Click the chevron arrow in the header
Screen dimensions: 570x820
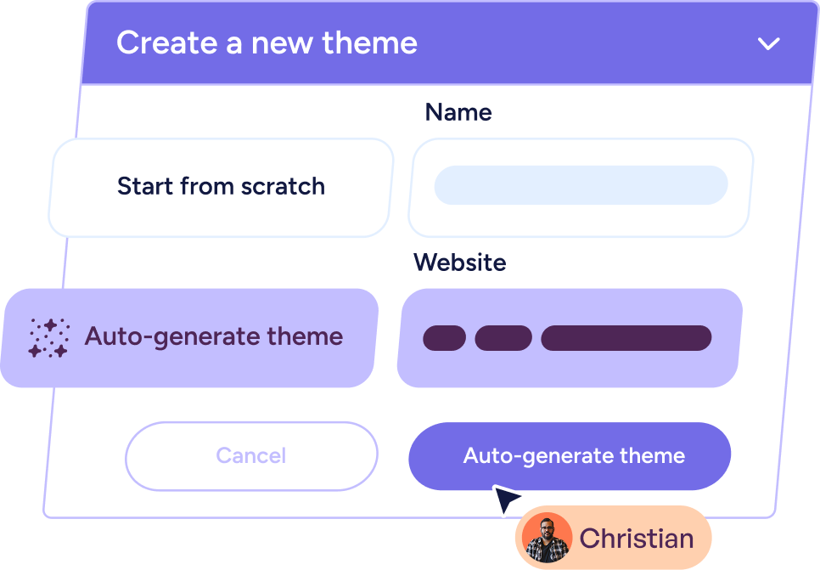pyautogui.click(x=768, y=44)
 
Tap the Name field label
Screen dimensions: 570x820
pyautogui.click(x=458, y=112)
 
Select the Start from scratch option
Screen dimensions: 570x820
pyautogui.click(x=221, y=187)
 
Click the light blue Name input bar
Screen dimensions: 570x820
pyautogui.click(x=581, y=185)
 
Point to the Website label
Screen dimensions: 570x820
pyautogui.click(x=459, y=262)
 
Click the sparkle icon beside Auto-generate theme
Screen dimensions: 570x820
pyautogui.click(x=48, y=337)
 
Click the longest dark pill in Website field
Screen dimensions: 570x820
pyautogui.click(x=626, y=338)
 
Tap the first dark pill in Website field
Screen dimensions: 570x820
pyautogui.click(x=444, y=338)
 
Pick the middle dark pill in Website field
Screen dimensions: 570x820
pyautogui.click(x=503, y=338)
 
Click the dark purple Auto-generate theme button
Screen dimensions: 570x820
pyautogui.click(x=570, y=456)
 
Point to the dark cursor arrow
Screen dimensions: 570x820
pyautogui.click(x=506, y=499)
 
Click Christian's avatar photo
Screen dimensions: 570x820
pyautogui.click(x=547, y=538)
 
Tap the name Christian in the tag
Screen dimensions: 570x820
pyautogui.click(x=636, y=538)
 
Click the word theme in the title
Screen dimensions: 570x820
pyautogui.click(x=374, y=42)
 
